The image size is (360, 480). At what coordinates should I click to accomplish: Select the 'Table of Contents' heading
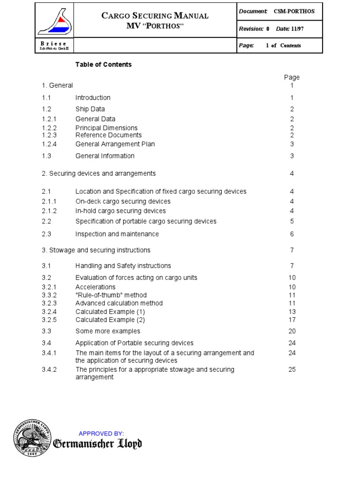pyautogui.click(x=104, y=65)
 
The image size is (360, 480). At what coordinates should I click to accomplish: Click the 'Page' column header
pyautogui.click(x=292, y=77)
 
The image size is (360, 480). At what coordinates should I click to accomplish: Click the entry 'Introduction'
pyautogui.click(x=93, y=97)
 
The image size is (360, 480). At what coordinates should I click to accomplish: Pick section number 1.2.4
pyautogui.click(x=49, y=144)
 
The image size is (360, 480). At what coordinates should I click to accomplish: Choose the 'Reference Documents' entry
pyautogui.click(x=108, y=135)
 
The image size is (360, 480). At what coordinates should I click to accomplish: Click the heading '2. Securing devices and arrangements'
pyautogui.click(x=98, y=173)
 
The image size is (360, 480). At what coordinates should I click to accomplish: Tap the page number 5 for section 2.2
pyautogui.click(x=292, y=221)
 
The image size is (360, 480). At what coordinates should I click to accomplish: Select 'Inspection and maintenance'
pyautogui.click(x=117, y=234)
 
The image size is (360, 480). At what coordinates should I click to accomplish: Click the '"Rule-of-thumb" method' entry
pyautogui.click(x=111, y=295)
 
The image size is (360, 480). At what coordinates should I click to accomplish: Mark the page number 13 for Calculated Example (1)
pyautogui.click(x=292, y=311)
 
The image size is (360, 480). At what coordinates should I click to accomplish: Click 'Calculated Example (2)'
pyautogui.click(x=110, y=320)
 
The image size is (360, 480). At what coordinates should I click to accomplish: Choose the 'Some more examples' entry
pyautogui.click(x=107, y=331)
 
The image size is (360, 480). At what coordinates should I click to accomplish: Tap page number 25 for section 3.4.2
pyautogui.click(x=292, y=370)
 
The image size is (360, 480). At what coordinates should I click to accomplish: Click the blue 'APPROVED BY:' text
pyautogui.click(x=101, y=434)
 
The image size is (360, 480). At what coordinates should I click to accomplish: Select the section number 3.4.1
pyautogui.click(x=49, y=353)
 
